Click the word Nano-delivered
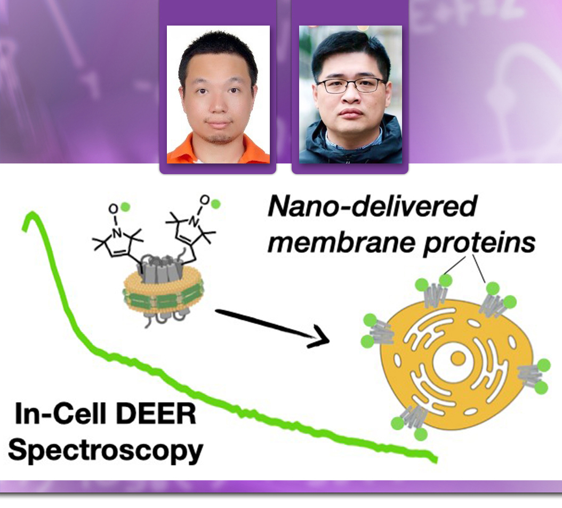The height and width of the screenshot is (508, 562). [x=372, y=207]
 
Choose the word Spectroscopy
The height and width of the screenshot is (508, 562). [x=106, y=451]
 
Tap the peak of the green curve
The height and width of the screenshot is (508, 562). [x=32, y=214]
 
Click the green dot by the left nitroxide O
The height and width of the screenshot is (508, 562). [x=125, y=207]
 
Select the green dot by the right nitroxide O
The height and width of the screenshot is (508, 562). [x=215, y=204]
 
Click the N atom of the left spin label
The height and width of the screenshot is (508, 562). [x=117, y=233]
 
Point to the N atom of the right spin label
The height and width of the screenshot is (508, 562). [x=194, y=223]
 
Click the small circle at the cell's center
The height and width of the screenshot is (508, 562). [x=457, y=358]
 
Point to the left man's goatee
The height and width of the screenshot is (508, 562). [x=218, y=137]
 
